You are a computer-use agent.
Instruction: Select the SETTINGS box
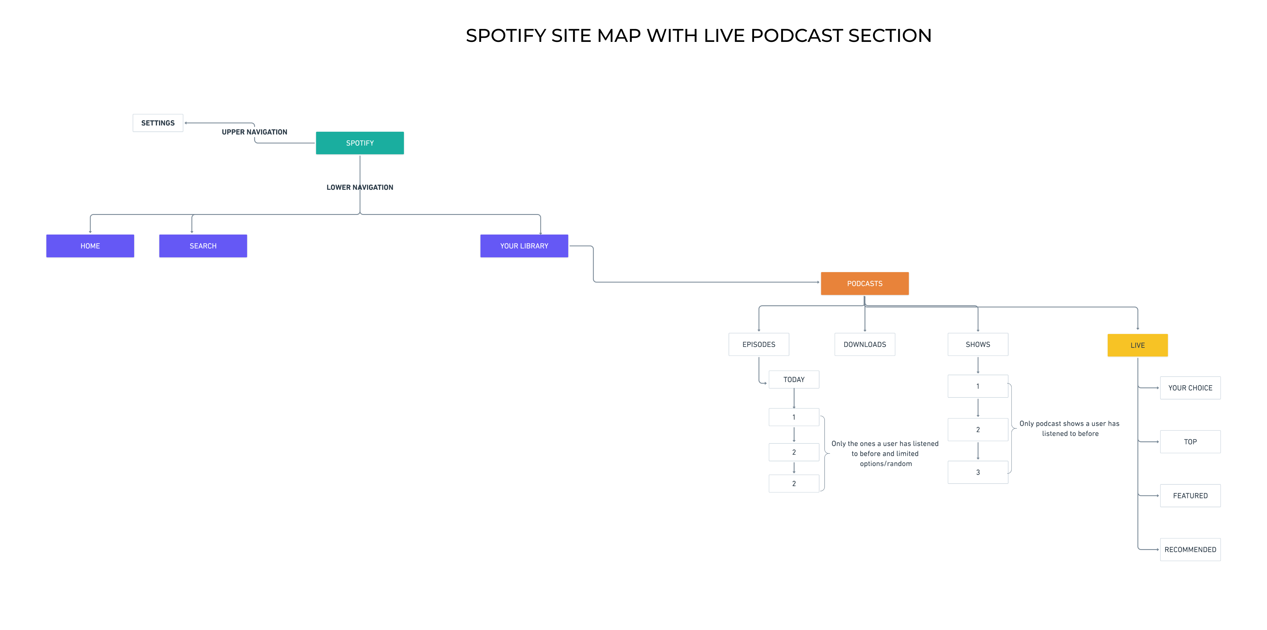158,123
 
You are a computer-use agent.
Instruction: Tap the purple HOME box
90,246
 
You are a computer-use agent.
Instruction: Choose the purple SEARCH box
203,246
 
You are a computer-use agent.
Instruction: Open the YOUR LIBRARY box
524,246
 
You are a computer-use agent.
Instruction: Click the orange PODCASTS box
865,284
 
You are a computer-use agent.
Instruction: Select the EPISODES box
759,345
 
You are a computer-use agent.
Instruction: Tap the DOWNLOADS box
865,345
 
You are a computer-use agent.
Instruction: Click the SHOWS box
978,345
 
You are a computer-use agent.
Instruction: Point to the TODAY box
794,379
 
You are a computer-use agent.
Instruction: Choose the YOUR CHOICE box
1190,388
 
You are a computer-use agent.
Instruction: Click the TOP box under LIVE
1190,442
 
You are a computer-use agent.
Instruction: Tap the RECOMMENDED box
1190,549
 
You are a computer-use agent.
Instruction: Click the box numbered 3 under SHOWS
978,472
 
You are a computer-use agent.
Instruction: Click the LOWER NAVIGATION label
360,187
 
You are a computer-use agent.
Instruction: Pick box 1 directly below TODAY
794,417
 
